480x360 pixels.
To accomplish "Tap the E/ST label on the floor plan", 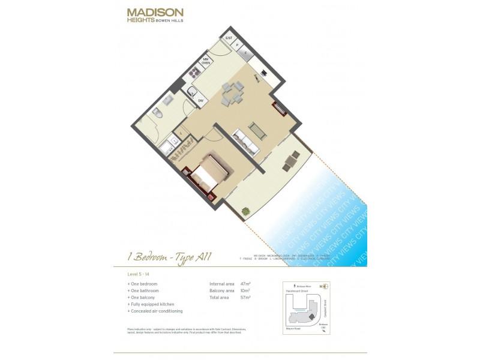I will point(228,38).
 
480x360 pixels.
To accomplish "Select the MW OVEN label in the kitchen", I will point(205,61).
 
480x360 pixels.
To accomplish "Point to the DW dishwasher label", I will point(201,101).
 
